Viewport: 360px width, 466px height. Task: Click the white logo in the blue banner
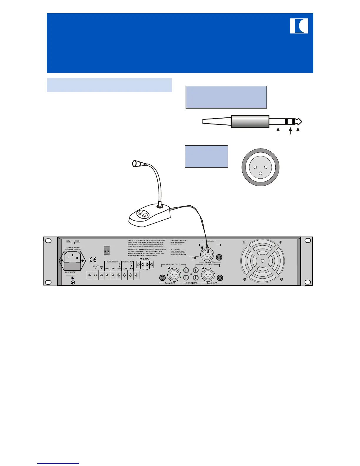[299, 26]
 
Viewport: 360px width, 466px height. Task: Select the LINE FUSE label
[70, 272]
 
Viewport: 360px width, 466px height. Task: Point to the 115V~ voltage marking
[69, 241]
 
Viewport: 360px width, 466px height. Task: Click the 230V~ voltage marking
[77, 241]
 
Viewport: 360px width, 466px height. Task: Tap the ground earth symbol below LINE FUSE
[73, 282]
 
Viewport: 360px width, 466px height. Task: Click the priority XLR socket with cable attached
[207, 252]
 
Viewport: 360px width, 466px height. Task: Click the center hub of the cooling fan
[262, 261]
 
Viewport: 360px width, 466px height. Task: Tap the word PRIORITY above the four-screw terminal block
[144, 259]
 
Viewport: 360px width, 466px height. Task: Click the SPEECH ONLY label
[128, 262]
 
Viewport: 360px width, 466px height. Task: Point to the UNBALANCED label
[191, 283]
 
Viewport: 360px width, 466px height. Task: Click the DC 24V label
[96, 266]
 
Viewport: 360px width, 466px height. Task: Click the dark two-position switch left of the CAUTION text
[107, 250]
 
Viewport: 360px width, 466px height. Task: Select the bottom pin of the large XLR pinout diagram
[260, 173]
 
